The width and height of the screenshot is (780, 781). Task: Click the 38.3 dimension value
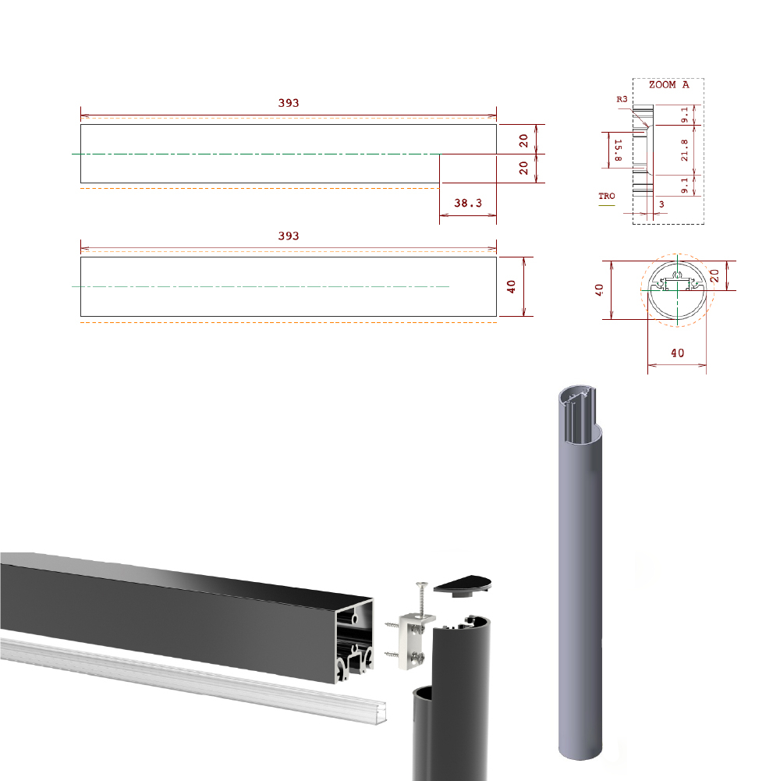pyautogui.click(x=468, y=203)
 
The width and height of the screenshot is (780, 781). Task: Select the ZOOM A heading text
pyautogui.click(x=668, y=85)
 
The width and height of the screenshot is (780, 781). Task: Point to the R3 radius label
pyautogui.click(x=622, y=99)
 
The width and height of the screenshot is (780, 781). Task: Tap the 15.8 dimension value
pyautogui.click(x=618, y=151)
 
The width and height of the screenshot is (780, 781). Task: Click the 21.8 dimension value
pyautogui.click(x=684, y=150)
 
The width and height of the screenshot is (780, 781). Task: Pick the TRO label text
pyautogui.click(x=607, y=196)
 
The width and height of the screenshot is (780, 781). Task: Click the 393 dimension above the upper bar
pyautogui.click(x=289, y=103)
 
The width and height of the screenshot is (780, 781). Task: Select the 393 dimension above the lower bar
pyautogui.click(x=289, y=236)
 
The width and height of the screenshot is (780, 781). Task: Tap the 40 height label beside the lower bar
pyautogui.click(x=511, y=286)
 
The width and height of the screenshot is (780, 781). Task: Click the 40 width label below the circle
pyautogui.click(x=677, y=353)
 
